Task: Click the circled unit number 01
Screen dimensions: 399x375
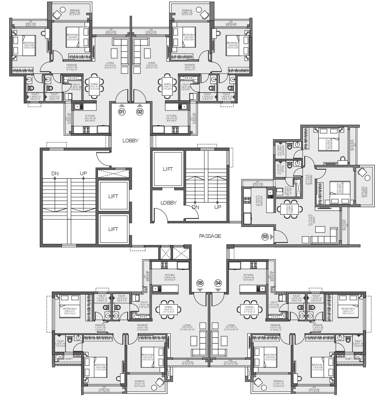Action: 121,112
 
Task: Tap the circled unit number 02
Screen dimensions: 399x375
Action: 140,112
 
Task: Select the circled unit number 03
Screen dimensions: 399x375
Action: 265,237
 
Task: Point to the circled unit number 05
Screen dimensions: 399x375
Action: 200,283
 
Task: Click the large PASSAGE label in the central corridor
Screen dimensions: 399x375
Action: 210,236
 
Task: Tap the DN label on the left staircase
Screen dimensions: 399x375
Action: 55,173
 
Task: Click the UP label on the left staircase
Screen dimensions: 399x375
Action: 83,173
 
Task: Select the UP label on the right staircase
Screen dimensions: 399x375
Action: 218,207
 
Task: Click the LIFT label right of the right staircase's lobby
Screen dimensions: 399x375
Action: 168,169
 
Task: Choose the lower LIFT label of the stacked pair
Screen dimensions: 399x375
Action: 113,229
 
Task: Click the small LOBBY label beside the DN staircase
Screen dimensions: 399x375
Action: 169,203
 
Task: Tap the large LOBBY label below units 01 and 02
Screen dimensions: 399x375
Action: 130,141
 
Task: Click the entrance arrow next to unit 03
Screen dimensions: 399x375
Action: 272,237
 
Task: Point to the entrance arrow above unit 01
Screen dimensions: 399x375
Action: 121,105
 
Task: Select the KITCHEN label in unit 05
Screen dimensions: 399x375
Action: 169,275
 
